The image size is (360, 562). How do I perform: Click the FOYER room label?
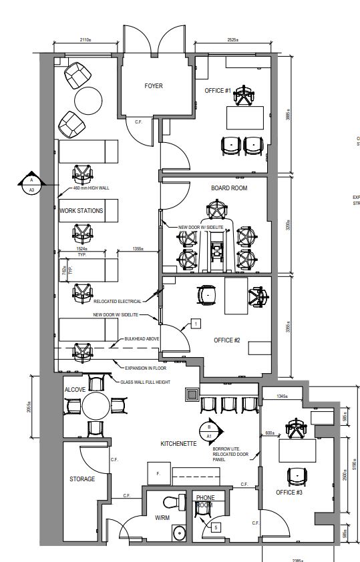point(154,86)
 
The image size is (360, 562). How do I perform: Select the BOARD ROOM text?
point(229,188)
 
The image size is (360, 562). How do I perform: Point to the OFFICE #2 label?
point(226,340)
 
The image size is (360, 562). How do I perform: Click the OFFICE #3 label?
point(289,492)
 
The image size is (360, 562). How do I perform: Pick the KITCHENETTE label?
point(178,443)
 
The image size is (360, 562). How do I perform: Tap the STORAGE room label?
point(82,479)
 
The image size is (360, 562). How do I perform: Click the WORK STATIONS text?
point(81,211)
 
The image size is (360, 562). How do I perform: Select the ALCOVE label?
point(74,389)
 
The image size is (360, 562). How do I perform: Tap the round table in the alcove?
point(96,404)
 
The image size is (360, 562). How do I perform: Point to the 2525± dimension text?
point(233,40)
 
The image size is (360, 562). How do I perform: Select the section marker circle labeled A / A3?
point(30,184)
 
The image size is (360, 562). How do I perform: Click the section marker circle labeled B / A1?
point(208,431)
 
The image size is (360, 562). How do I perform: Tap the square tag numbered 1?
point(196,324)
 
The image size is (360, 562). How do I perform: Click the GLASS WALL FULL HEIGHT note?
point(146,382)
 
